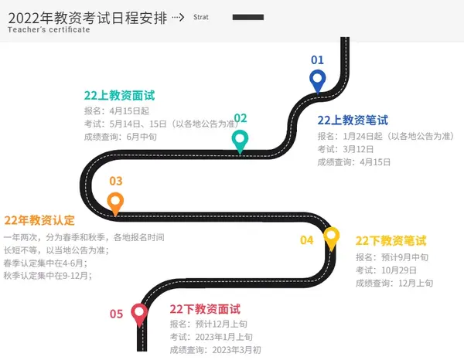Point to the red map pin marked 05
(139, 314)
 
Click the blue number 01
(317, 60)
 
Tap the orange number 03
(116, 181)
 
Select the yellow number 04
(306, 240)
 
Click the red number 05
(116, 314)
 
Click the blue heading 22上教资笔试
(353, 121)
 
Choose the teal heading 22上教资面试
(119, 96)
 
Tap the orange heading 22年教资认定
(39, 220)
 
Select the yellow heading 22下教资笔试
(391, 240)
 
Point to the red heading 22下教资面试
(205, 309)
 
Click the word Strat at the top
(201, 17)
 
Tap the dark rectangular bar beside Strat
(248, 17)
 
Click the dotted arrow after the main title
(178, 18)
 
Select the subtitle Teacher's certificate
(49, 29)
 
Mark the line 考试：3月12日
(346, 149)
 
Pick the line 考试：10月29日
(386, 270)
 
